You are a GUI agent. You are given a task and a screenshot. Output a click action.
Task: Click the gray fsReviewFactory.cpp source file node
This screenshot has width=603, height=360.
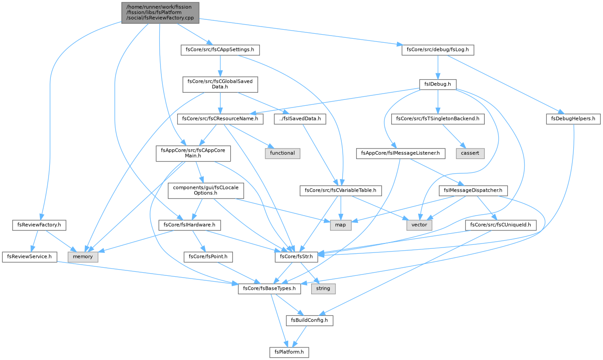click(x=160, y=13)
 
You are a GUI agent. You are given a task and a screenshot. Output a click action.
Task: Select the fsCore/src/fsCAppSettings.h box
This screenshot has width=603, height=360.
click(x=220, y=50)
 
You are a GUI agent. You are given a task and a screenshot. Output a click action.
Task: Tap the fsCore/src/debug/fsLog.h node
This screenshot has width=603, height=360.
click(x=438, y=50)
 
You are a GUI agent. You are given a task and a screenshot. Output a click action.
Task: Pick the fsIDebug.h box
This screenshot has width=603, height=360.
click(x=438, y=84)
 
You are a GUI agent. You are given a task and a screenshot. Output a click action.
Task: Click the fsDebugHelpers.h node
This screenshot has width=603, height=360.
click(x=573, y=119)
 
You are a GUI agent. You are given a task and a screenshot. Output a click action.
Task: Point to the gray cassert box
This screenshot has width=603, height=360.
click(x=470, y=153)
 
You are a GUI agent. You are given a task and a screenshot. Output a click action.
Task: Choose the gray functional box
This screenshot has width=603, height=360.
click(x=282, y=153)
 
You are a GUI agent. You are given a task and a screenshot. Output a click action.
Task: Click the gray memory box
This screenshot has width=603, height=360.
click(x=83, y=257)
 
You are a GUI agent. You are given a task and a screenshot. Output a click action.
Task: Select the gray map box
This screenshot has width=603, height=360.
click(x=340, y=225)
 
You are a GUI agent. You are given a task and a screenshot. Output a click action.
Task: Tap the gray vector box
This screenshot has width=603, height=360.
click(x=419, y=225)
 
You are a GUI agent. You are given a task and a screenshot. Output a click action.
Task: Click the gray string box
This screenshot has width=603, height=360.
click(x=323, y=288)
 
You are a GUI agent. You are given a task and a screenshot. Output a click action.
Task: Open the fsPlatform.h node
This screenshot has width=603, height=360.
click(x=289, y=352)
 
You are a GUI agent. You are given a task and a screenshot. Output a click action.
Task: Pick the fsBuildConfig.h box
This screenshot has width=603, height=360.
click(x=309, y=320)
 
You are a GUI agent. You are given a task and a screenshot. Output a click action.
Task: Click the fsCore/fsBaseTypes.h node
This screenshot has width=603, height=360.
click(x=269, y=288)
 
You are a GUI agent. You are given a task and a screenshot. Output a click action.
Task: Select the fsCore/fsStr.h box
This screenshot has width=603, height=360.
click(x=296, y=257)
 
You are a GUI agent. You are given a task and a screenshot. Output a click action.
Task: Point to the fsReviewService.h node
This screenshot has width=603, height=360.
click(x=29, y=257)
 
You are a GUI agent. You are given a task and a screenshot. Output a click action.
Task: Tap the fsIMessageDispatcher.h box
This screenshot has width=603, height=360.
click(x=473, y=190)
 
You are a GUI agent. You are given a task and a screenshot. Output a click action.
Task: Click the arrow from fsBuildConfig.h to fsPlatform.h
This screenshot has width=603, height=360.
click(x=299, y=336)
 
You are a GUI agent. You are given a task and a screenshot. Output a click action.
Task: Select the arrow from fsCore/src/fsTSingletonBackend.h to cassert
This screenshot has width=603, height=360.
click(x=454, y=136)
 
